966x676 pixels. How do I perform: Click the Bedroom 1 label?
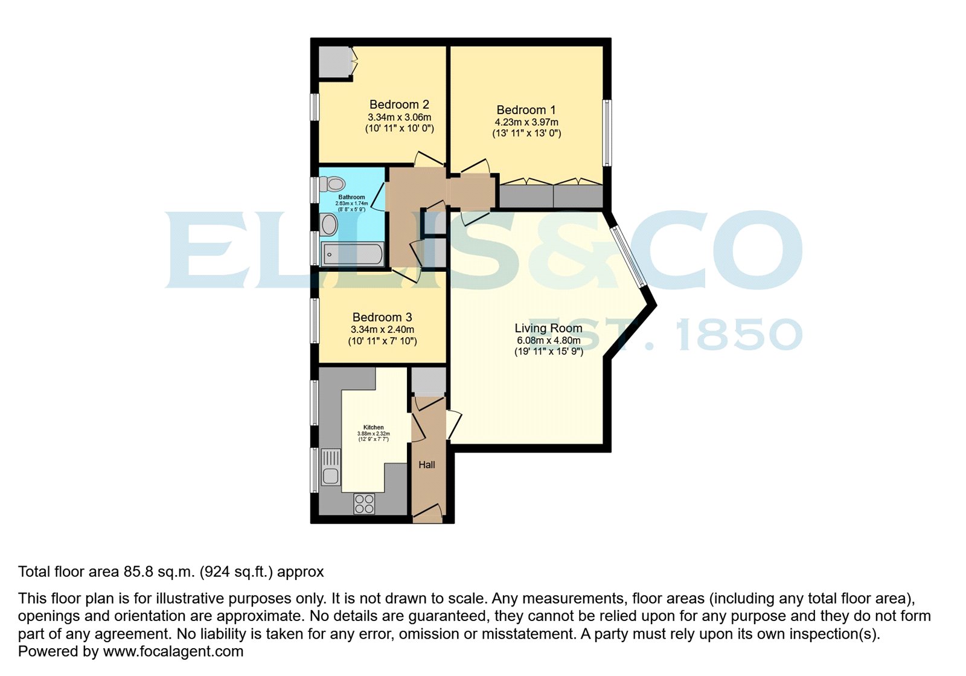tap(526, 110)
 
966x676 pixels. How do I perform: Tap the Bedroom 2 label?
tap(399, 105)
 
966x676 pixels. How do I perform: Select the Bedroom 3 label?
tap(382, 317)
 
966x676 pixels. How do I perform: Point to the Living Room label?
tap(548, 328)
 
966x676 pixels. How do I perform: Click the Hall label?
tap(427, 465)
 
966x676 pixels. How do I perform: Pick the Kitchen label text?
tap(373, 427)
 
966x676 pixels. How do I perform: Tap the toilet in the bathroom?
tap(333, 183)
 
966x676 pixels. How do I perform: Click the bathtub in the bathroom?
tap(353, 254)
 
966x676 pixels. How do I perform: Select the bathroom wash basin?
tap(329, 225)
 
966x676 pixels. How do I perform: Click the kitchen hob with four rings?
tap(364, 504)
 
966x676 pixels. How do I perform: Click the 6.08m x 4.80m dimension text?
tap(548, 341)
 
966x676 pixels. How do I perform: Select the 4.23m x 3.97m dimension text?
tap(526, 123)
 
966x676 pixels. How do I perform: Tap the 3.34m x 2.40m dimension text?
tap(382, 330)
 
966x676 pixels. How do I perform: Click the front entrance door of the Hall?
tap(427, 515)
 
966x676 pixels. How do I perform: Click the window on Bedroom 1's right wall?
tap(607, 133)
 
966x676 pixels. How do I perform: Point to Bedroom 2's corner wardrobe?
tap(334, 62)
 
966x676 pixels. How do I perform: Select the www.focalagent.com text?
tap(173, 651)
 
